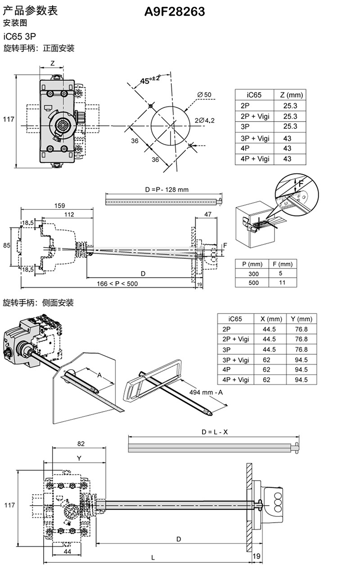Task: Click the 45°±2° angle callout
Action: (150, 80)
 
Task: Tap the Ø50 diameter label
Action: (204, 95)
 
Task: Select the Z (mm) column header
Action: (291, 95)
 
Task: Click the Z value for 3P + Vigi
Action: (287, 138)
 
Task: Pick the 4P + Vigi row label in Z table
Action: (255, 158)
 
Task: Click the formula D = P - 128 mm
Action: (167, 190)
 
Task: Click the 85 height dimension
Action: (6, 246)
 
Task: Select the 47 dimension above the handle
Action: (208, 215)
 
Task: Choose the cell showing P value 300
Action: (252, 273)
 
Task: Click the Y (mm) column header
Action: (301, 318)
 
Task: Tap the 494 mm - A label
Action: (206, 392)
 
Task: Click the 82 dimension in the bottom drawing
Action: (81, 443)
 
